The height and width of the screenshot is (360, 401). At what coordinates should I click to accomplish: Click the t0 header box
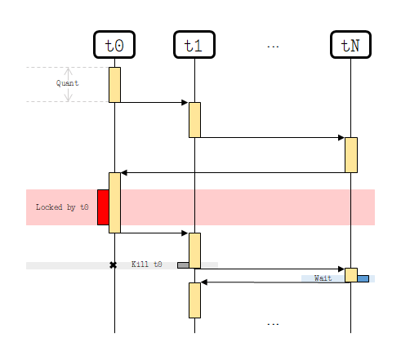114,45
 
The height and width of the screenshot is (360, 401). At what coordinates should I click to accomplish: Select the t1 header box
194,45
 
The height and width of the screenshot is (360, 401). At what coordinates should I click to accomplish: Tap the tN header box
350,45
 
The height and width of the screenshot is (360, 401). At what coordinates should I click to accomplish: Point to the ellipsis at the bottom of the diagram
273,324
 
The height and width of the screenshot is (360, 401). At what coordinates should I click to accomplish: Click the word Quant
67,83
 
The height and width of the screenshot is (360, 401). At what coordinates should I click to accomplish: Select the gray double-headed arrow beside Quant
68,84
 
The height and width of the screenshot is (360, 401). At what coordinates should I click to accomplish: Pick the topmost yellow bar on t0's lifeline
114,84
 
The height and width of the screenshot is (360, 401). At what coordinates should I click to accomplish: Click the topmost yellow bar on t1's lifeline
194,119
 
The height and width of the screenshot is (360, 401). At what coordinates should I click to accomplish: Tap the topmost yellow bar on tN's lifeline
350,154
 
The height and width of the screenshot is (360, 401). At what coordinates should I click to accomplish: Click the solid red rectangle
103,207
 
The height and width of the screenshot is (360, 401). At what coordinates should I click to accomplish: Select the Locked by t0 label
62,207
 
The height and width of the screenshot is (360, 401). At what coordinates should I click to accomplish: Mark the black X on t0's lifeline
114,264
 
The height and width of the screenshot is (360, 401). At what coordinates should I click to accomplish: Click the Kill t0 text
147,264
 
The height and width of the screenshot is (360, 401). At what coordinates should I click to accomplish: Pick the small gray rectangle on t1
183,264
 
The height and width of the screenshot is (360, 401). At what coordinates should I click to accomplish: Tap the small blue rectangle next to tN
363,278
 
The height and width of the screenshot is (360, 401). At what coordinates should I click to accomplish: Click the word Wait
323,278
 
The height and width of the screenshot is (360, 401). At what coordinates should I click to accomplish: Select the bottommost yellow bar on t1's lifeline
194,300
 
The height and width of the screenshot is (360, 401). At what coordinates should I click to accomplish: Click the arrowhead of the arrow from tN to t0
124,172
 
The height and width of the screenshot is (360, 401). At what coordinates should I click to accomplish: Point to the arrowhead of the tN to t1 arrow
204,282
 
